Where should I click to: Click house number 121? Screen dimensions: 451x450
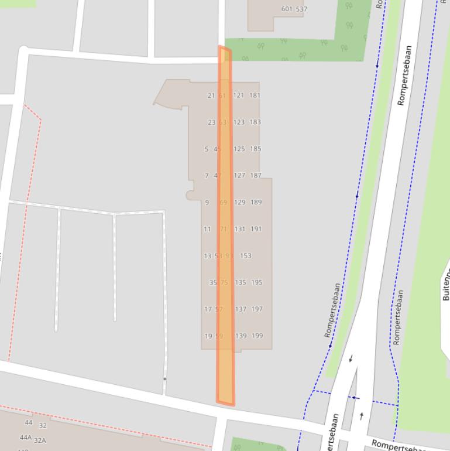coord(238,95)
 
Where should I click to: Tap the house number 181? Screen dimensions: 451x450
coord(255,95)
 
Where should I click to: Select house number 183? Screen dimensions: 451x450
coord(255,122)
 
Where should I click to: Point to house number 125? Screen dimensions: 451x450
coord(239,149)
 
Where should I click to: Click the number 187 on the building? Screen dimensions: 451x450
coord(256,176)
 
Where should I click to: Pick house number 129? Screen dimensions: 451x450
coord(239,203)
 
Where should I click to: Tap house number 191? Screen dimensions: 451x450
coord(256,230)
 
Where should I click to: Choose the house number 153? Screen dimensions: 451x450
coord(246,256)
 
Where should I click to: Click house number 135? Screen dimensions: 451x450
coord(241,282)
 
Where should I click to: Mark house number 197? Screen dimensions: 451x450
coord(257,309)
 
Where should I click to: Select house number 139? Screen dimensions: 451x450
coord(241,336)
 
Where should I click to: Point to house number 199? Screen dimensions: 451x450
coord(257,336)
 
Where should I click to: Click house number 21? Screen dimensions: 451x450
coord(211,95)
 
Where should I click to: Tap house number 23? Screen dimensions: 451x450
coord(212,122)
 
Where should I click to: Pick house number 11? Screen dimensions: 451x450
coord(207,230)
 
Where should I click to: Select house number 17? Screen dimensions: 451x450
coord(208,309)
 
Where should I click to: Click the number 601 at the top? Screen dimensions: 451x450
coord(287,9)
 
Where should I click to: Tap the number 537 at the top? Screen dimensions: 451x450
coord(301,9)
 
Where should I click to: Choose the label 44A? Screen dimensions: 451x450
coord(26,437)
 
